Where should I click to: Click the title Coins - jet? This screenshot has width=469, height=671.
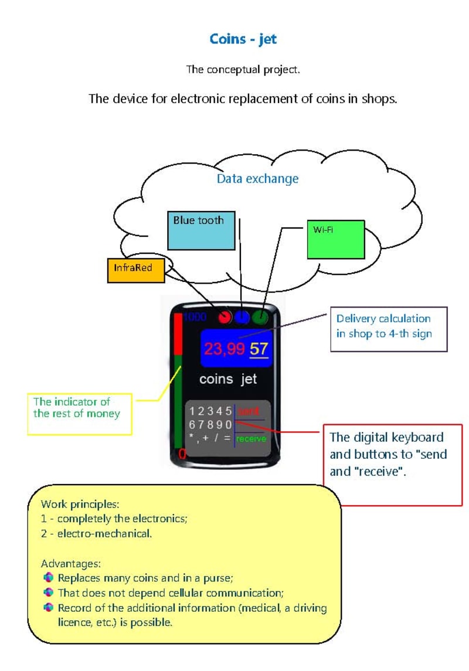click(243, 40)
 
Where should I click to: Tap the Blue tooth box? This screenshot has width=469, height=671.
click(200, 230)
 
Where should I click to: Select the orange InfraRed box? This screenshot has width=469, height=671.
click(136, 270)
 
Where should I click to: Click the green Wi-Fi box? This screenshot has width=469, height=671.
click(335, 239)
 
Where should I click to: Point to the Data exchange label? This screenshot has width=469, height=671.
click(257, 179)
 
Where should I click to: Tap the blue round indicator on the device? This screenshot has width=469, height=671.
click(242, 318)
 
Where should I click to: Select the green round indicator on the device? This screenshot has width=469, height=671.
click(260, 318)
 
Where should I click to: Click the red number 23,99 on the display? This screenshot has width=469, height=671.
click(225, 349)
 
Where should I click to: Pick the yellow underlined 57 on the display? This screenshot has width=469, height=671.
click(259, 349)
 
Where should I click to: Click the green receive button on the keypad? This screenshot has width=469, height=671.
click(252, 438)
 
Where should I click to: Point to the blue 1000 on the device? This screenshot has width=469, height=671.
click(195, 318)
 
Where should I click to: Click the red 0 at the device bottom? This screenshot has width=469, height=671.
click(182, 454)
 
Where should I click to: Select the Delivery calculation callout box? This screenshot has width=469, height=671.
click(388, 329)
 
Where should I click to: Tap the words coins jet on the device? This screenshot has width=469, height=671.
click(228, 379)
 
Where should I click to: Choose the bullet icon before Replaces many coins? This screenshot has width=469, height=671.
click(49, 578)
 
